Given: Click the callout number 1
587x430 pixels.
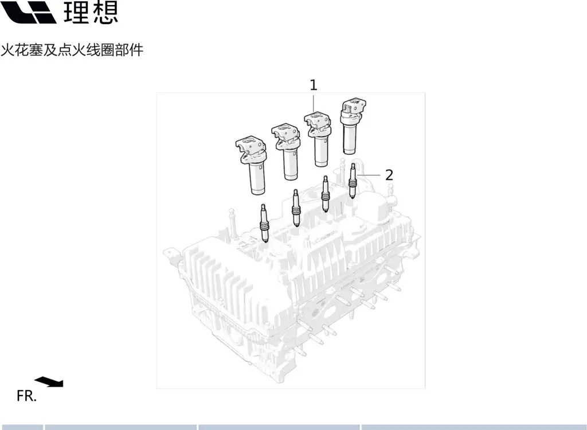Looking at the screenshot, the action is pyautogui.click(x=314, y=85).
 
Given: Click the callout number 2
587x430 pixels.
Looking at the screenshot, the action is pyautogui.click(x=389, y=175).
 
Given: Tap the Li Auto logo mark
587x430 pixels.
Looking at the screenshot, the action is pyautogui.click(x=29, y=12).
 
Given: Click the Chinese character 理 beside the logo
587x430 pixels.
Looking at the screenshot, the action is pyautogui.click(x=77, y=12).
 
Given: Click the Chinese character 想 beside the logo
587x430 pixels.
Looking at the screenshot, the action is pyautogui.click(x=105, y=12).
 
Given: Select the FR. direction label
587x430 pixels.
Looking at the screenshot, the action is pyautogui.click(x=26, y=396).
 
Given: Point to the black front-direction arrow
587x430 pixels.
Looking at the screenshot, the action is pyautogui.click(x=49, y=381).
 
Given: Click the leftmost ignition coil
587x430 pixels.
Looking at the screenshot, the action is pyautogui.click(x=252, y=165).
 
